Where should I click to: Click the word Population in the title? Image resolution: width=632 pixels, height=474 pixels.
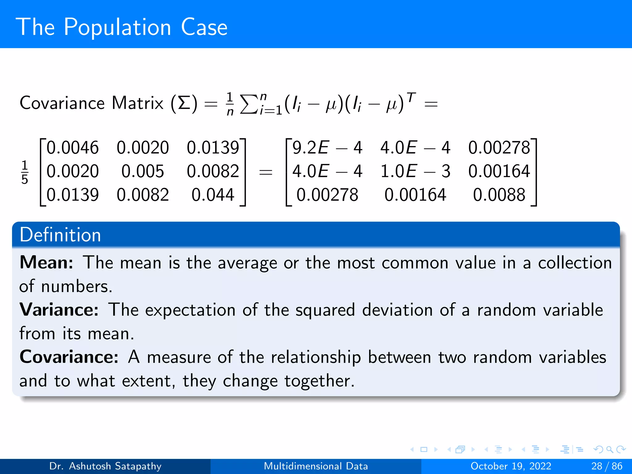point(117,28)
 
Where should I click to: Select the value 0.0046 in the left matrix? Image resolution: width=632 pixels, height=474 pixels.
point(73,148)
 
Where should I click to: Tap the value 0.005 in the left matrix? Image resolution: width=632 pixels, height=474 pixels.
point(143,171)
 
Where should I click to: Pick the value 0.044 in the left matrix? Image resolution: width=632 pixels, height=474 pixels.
point(213,195)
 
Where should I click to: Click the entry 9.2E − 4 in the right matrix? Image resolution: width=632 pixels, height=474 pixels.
point(327,148)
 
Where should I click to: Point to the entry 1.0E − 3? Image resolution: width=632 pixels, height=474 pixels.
point(415,171)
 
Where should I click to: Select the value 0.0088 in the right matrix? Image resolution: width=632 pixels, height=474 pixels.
point(499,195)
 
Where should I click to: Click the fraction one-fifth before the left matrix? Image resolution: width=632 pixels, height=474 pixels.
point(25,172)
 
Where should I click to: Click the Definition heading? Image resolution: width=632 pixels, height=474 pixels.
point(60,235)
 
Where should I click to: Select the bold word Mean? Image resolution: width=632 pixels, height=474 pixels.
point(46,263)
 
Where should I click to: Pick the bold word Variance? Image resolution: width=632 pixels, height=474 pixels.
point(59,310)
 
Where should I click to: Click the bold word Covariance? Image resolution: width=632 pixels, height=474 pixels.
point(69,357)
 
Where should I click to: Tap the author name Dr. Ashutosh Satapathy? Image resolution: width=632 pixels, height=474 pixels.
point(105,466)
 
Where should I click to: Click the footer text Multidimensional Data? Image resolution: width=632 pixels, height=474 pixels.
point(316,466)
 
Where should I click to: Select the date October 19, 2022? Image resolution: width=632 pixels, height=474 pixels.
point(511,466)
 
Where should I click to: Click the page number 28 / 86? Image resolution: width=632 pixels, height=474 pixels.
point(607,466)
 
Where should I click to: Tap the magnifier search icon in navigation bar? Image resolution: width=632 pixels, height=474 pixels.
point(609,450)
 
